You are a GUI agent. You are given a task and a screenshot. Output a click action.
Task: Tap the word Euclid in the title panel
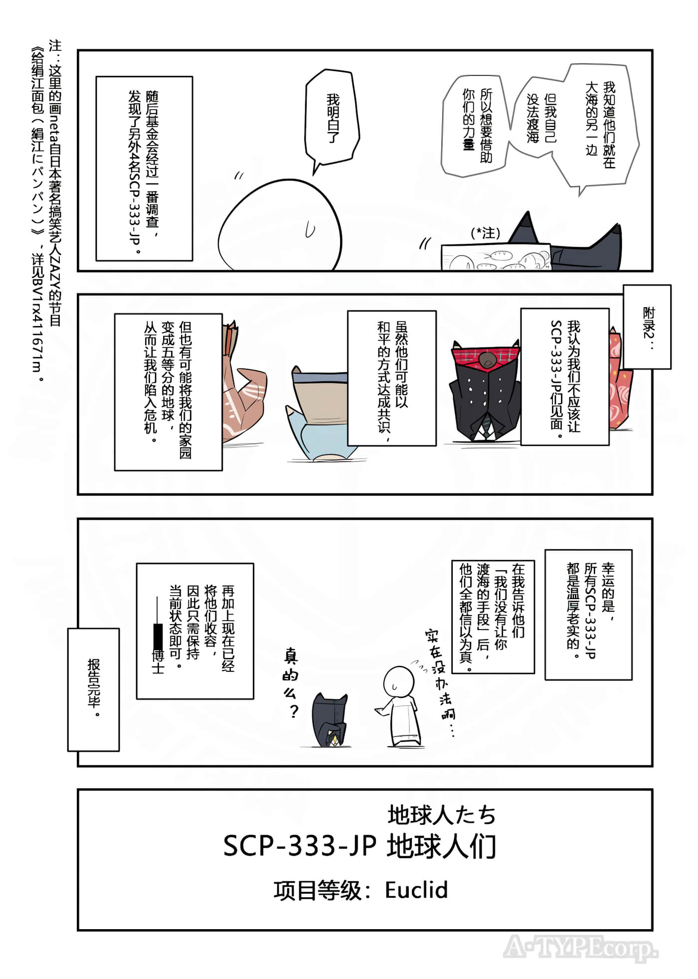coord(416,890)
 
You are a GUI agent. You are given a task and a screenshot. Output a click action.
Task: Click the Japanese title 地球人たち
coord(442,816)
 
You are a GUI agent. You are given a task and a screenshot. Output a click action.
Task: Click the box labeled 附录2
coord(647,326)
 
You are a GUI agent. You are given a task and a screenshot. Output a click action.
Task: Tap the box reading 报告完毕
coord(94,689)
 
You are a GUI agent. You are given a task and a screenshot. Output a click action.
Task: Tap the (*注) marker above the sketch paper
coord(485,233)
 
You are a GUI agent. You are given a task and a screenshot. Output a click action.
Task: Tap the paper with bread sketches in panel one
coord(496,256)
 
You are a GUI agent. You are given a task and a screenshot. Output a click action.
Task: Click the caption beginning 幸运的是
coord(588,615)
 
